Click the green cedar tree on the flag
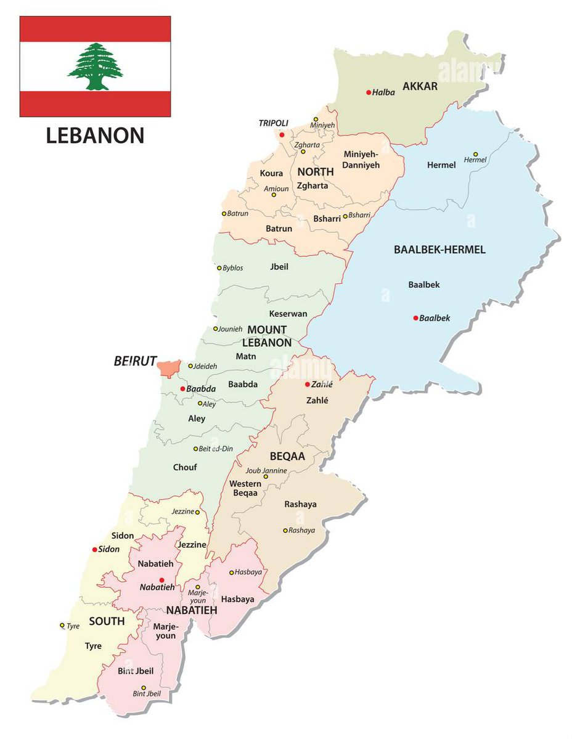coord(95,67)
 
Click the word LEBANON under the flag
coord(95,135)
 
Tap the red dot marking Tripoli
coord(282,134)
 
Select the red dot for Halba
coord(369,92)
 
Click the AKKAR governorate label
coord(420,86)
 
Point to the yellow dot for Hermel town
coord(475,154)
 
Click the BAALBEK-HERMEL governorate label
coord(439,250)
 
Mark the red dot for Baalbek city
coord(415,318)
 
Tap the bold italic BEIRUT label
coord(136,362)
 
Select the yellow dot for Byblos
coord(219,268)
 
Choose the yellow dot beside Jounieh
coord(216,329)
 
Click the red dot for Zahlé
coord(307,384)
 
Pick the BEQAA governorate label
coord(287,456)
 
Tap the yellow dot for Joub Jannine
coord(266,476)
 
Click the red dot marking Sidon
coord(94,549)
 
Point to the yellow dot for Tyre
coord(62,625)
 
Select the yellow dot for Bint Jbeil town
coord(144,688)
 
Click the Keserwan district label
coord(288,314)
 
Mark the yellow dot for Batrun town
coord(224,214)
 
